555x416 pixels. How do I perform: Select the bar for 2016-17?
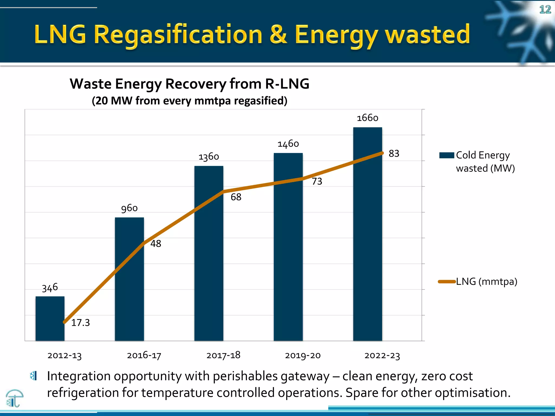click(129, 279)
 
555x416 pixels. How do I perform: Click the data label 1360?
click(209, 157)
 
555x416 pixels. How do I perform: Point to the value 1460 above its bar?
click(288, 144)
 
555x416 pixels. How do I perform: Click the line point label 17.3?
click(80, 323)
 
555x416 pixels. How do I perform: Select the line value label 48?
click(156, 244)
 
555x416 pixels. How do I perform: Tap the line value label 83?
click(394, 154)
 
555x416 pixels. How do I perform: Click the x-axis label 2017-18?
click(223, 355)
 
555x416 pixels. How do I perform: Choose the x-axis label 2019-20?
click(303, 355)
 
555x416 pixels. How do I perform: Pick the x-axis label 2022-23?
click(382, 355)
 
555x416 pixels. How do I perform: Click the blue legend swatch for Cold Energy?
click(447, 155)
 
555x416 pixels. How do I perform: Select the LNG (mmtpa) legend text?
click(487, 282)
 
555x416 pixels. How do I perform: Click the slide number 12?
click(545, 10)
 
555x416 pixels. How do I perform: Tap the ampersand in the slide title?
click(278, 35)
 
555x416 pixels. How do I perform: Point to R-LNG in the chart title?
click(287, 84)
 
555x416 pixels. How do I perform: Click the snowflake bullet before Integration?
click(33, 376)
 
